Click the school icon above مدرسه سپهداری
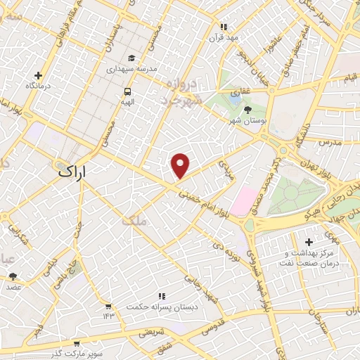coord(130,58)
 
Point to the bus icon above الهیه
coord(128,91)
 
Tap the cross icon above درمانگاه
coord(39,75)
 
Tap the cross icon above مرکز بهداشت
coord(309,243)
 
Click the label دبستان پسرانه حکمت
coord(162,307)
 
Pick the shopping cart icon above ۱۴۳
coord(108,306)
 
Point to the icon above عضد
coord(14,276)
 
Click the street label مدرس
coord(328,142)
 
